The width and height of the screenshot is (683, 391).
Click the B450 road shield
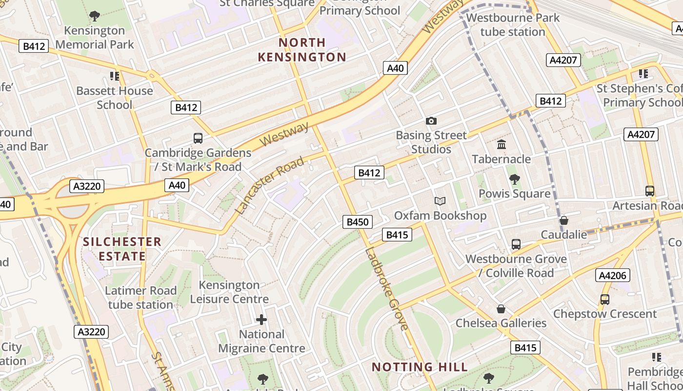[357, 222]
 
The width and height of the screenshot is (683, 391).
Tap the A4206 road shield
[612, 276]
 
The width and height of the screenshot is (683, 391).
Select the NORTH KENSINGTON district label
[302, 50]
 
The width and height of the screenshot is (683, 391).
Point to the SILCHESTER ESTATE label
[122, 249]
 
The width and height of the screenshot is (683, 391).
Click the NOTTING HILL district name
[420, 367]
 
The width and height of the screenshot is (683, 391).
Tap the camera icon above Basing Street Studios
[431, 121]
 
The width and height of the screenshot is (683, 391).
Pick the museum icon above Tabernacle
[501, 145]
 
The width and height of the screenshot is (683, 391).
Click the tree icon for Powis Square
[514, 179]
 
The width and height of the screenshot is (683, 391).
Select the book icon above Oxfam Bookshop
[440, 201]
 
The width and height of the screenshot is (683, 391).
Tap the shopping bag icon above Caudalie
[564, 220]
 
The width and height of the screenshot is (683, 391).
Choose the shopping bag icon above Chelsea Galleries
[501, 309]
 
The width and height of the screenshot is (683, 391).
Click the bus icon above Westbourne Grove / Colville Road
[516, 244]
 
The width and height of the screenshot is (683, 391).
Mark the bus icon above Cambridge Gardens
[198, 138]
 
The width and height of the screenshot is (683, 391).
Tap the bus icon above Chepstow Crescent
[604, 300]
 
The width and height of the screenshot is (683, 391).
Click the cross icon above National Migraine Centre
[261, 320]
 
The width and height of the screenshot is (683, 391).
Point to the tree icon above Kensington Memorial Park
[95, 16]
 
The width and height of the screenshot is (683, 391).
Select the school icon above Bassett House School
[115, 76]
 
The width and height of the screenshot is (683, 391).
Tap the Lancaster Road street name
[270, 186]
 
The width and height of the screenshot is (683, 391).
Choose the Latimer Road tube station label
[141, 298]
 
